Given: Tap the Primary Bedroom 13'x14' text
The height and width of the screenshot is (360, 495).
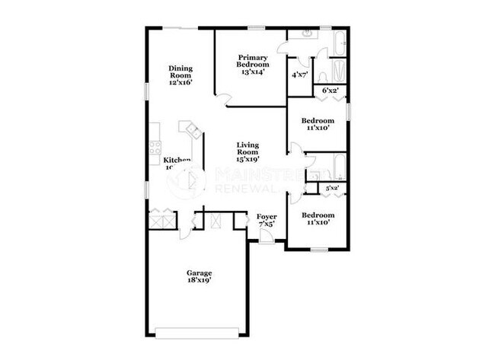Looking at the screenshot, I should (x=251, y=65).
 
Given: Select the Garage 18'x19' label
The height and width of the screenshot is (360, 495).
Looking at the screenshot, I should (x=200, y=276).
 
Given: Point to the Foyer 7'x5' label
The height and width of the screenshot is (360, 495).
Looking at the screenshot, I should (x=266, y=220).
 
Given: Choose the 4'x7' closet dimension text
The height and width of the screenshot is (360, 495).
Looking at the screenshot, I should (x=300, y=75).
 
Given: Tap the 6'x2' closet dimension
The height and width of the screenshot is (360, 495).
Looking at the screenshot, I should (x=331, y=91).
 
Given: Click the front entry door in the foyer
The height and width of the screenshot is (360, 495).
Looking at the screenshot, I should (x=266, y=237).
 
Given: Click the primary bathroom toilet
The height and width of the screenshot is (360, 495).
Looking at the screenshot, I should (x=323, y=74).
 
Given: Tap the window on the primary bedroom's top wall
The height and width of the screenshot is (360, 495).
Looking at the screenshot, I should (x=256, y=29).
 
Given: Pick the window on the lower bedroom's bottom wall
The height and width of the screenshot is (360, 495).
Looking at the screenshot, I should (x=319, y=249).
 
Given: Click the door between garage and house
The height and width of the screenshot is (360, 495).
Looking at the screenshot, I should (x=184, y=228).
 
